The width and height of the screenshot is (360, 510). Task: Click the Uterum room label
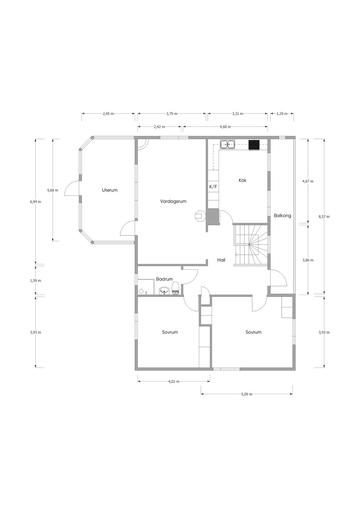click(x=110, y=190)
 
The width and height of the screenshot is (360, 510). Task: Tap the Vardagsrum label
click(x=173, y=201)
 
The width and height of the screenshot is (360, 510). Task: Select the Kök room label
click(x=243, y=180)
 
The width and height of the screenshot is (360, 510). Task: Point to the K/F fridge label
click(x=213, y=187)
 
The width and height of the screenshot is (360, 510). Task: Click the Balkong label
click(x=282, y=215)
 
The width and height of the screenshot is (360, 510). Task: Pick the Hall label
click(x=221, y=260)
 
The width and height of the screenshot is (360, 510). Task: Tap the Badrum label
click(x=164, y=279)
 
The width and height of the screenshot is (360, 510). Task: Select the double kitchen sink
click(x=227, y=144)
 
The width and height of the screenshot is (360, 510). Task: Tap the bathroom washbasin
click(x=164, y=290)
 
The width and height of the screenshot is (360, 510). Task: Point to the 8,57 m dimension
click(x=324, y=216)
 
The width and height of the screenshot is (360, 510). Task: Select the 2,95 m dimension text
click(x=108, y=114)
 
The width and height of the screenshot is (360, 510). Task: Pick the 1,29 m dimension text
click(x=282, y=114)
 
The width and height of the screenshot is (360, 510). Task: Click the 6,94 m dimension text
click(x=36, y=201)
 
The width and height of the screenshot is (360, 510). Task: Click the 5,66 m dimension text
click(x=53, y=190)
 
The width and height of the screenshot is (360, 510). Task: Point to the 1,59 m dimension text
click(x=36, y=281)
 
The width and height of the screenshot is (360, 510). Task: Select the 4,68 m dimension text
click(x=225, y=127)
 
